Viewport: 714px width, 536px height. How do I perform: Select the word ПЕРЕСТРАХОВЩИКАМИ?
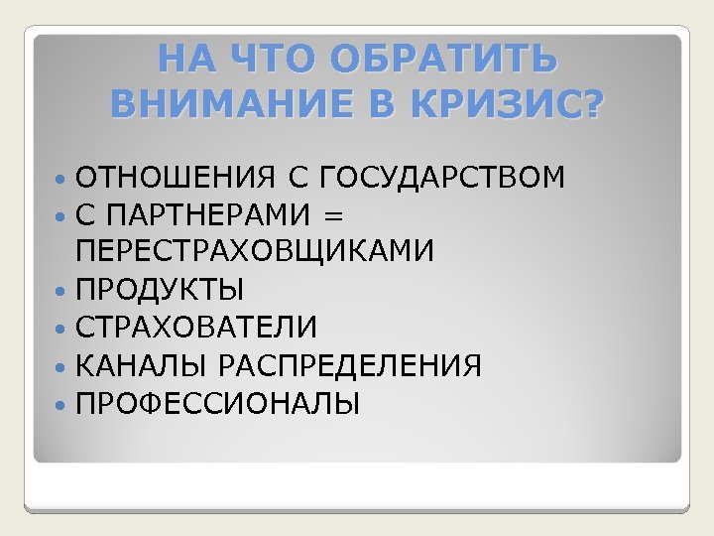click(255, 252)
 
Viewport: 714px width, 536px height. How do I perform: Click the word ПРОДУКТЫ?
click(160, 290)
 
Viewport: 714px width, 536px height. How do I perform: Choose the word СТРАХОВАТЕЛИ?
click(196, 328)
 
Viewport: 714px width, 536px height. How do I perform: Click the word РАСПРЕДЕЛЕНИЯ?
click(351, 366)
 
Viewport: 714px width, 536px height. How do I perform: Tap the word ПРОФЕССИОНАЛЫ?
click(218, 404)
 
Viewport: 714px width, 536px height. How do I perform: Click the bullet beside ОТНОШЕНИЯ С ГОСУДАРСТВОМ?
click(61, 179)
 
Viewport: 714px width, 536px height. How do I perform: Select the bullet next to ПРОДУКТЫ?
click(61, 291)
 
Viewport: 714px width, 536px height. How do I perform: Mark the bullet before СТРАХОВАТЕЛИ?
click(61, 329)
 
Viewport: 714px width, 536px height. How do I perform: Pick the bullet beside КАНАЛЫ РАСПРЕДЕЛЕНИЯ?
click(61, 366)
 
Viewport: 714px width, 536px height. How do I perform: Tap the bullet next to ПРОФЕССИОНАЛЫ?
click(61, 404)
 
